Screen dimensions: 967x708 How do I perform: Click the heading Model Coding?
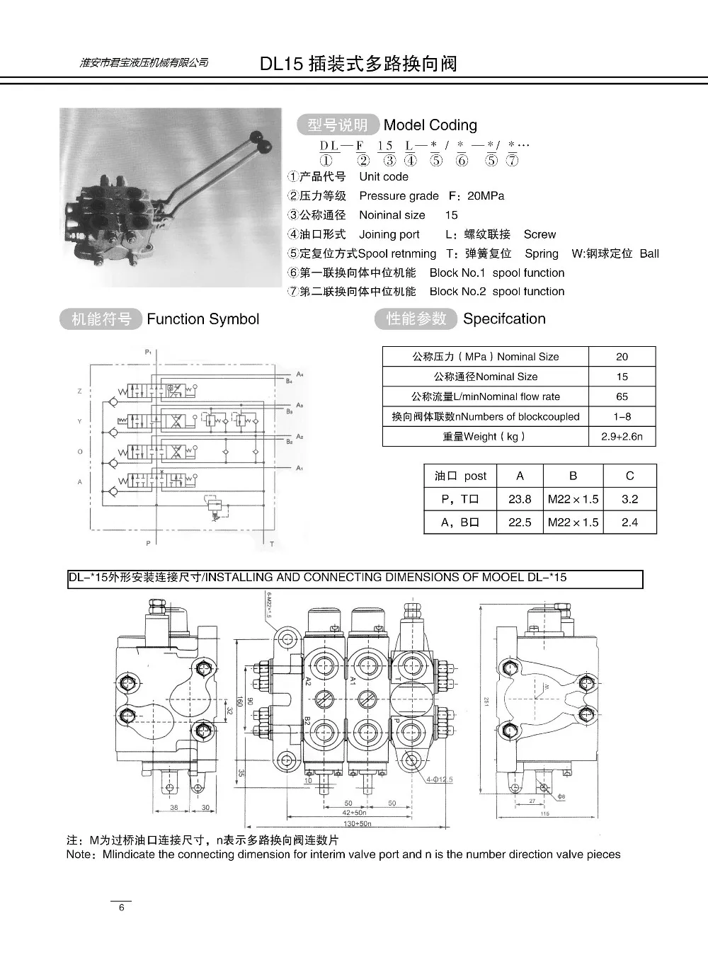click(x=430, y=125)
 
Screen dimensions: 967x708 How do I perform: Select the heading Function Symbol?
click(x=202, y=319)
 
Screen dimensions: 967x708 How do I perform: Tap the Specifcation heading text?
click(x=504, y=319)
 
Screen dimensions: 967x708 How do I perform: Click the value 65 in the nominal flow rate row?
click(x=622, y=396)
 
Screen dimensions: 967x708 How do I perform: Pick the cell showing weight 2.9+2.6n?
click(x=622, y=437)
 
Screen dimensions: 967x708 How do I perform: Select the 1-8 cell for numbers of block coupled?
click(x=622, y=417)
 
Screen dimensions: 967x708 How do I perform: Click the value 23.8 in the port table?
click(x=520, y=499)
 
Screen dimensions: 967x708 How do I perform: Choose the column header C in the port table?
click(x=629, y=476)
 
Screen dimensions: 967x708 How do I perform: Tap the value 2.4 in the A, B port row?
click(x=629, y=522)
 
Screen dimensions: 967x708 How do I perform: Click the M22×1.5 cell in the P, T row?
click(x=573, y=499)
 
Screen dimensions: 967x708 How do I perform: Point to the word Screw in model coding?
click(x=539, y=234)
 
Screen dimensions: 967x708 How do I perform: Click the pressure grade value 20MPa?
click(x=486, y=196)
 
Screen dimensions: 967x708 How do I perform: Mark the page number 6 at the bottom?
click(x=122, y=908)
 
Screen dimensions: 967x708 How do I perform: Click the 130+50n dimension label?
click(x=357, y=824)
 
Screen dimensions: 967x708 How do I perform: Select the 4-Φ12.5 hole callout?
click(x=439, y=780)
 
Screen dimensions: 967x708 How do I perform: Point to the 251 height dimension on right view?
click(x=486, y=700)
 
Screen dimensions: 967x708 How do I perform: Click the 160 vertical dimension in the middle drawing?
click(x=239, y=702)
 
